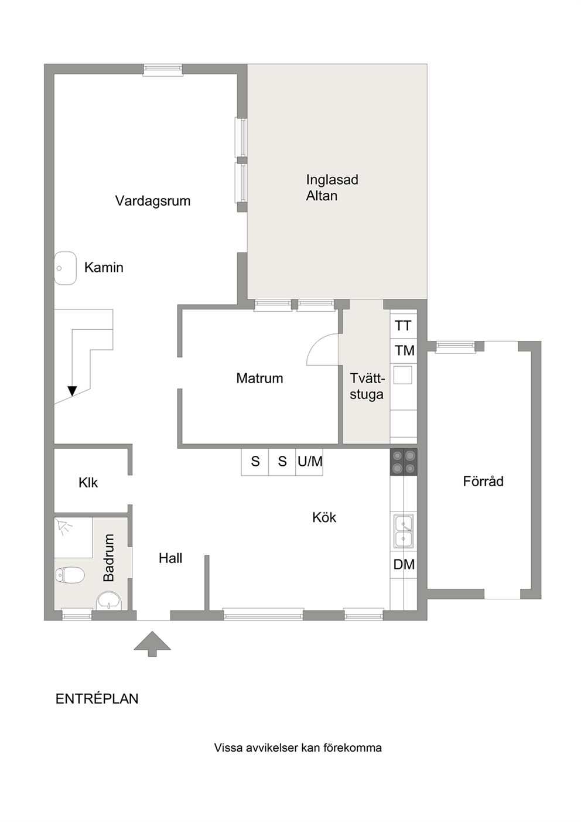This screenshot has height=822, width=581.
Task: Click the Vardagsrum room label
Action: click(x=153, y=201)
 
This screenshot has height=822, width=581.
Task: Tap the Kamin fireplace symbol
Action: click(x=65, y=268)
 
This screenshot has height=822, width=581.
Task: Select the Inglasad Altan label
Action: click(x=332, y=187)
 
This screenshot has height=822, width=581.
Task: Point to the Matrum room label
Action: click(x=259, y=378)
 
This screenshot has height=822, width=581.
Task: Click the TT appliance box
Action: click(x=403, y=326)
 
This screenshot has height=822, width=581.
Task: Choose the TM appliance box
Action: click(x=403, y=351)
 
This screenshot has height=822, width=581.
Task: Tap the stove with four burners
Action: click(x=404, y=462)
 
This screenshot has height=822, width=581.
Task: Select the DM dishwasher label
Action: click(x=404, y=564)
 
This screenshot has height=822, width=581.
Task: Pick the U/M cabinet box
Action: click(x=310, y=462)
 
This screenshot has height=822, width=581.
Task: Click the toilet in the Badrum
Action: click(x=70, y=575)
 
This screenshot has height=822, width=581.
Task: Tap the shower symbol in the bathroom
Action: click(x=64, y=527)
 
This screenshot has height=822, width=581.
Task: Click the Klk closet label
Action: click(x=88, y=483)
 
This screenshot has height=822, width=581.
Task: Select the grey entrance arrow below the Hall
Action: click(x=152, y=644)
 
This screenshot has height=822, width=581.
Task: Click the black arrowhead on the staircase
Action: click(x=72, y=391)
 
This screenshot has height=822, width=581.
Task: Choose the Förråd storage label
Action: click(x=483, y=481)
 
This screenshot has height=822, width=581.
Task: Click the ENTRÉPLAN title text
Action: click(x=97, y=699)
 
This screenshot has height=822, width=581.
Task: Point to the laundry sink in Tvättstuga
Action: click(x=403, y=375)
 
